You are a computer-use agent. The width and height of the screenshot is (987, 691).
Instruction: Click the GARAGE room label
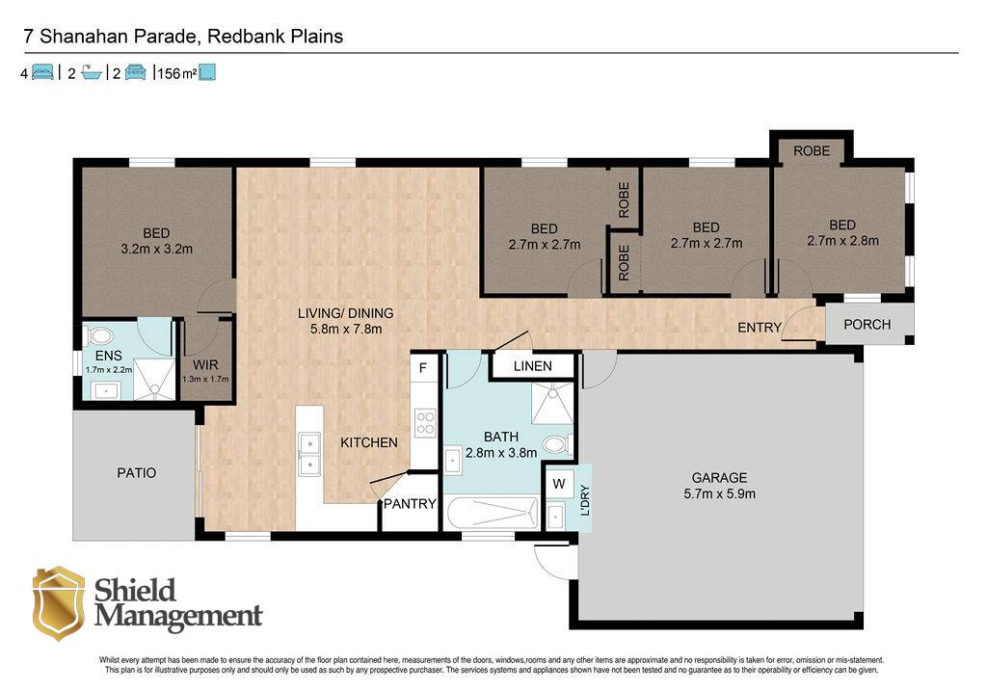click(719, 478)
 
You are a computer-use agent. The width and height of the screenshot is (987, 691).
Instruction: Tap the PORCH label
click(867, 325)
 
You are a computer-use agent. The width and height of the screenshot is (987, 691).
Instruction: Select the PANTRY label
click(410, 503)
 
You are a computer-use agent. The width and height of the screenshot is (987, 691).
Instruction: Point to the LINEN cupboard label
click(532, 366)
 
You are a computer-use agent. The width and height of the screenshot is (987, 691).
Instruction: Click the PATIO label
click(137, 472)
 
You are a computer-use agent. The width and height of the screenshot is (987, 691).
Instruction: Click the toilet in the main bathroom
click(556, 445)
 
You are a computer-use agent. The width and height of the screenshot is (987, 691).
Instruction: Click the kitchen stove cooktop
click(425, 423)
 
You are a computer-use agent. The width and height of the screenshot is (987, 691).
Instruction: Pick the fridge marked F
click(424, 367)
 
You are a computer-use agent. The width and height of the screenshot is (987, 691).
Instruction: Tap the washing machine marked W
click(559, 484)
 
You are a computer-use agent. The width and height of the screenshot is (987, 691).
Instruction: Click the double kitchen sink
click(309, 453)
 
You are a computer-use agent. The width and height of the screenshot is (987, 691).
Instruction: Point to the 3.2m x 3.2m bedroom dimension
click(157, 250)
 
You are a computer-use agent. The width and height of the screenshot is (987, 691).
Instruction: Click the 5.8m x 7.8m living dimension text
click(346, 330)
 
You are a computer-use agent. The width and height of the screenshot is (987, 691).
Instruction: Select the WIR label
click(205, 365)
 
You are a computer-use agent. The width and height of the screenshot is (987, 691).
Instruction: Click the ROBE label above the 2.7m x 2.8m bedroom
click(812, 151)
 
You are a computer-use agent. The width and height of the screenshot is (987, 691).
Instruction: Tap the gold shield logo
click(59, 603)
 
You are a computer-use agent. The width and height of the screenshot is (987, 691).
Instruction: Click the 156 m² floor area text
click(177, 73)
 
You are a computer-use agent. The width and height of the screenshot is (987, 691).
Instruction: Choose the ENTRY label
click(760, 328)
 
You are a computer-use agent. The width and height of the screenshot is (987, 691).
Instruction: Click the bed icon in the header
click(42, 72)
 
